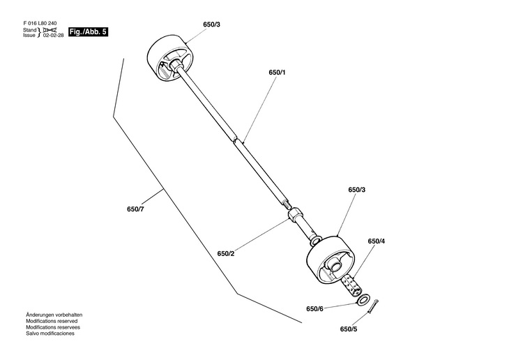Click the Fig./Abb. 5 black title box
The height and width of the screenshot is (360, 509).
click(x=88, y=32)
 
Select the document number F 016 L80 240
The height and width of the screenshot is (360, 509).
click(x=40, y=24)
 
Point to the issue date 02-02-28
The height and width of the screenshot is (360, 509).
click(x=54, y=36)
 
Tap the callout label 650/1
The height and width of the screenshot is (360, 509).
click(x=277, y=73)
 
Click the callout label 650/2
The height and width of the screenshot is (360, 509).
click(x=226, y=253)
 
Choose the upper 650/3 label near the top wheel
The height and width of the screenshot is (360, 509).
click(x=212, y=24)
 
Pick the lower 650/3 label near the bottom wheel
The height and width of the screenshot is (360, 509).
click(x=357, y=190)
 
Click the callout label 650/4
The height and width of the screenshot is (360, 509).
click(x=377, y=241)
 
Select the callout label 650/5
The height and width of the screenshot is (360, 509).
click(x=349, y=329)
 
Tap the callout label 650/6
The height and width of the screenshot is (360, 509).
click(x=314, y=308)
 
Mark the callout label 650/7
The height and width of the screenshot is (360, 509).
click(x=135, y=209)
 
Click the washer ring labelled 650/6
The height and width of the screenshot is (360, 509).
click(x=363, y=299)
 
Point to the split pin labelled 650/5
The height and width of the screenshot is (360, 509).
click(x=373, y=306)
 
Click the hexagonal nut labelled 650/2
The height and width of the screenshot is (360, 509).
click(x=295, y=215)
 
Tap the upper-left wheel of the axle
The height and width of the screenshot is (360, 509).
click(x=171, y=61)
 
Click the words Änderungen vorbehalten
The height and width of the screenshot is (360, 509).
click(x=54, y=315)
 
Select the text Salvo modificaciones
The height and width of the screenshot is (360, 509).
click(x=50, y=333)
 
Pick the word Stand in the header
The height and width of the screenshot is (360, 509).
click(x=29, y=30)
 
